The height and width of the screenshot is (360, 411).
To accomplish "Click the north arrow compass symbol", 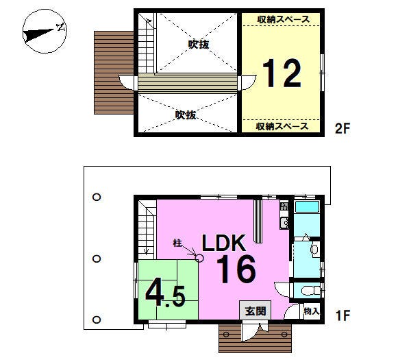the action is tap(45, 32).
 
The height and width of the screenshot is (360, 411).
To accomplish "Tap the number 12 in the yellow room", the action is tap(282, 73).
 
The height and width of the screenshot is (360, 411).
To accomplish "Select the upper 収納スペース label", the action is tap(284, 19).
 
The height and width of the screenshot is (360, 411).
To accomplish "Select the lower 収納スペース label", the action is tap(282, 126).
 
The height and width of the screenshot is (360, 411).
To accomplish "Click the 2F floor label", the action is tap(342, 129).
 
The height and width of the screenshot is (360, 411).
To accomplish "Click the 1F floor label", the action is tap(342, 315).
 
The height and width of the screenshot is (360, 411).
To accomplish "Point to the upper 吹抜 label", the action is tap(199, 45).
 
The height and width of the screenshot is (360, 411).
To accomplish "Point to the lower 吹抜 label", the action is tap(186, 115).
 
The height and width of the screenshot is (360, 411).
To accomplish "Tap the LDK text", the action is tap(224, 243).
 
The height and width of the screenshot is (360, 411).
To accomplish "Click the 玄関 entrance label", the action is tap(256, 311).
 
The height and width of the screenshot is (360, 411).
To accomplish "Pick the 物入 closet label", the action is tap(312, 311).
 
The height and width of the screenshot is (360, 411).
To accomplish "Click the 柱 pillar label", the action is tap(177, 243).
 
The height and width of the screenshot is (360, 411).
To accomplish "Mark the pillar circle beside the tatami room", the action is tap(200, 259).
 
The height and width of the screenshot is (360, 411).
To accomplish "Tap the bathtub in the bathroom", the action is tap(307, 207).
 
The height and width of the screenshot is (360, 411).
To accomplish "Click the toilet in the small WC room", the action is tap(311, 291).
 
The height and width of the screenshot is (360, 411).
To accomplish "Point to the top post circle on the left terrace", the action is tap(97, 197).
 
